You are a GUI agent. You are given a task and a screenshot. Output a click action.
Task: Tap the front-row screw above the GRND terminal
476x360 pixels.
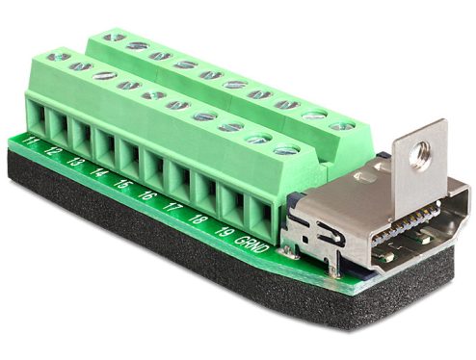tap(286, 149)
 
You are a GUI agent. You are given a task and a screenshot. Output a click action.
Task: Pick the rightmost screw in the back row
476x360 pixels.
tap(338, 125)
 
